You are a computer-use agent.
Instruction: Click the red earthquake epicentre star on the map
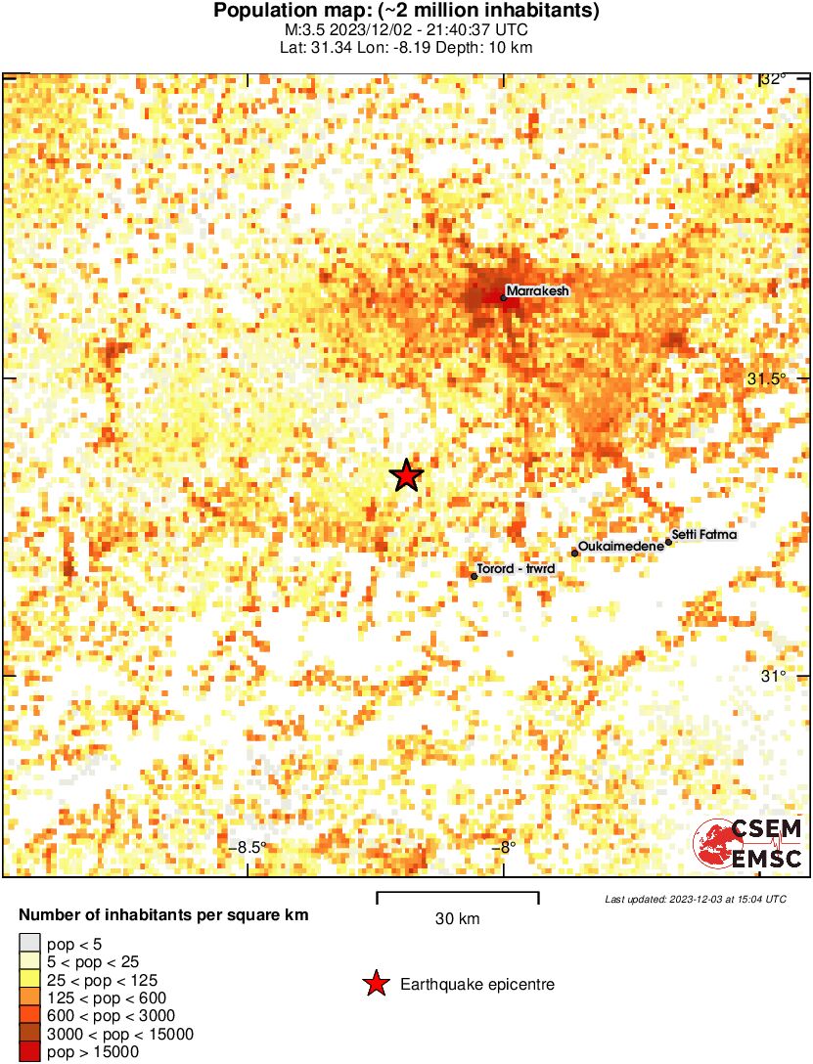click(x=406, y=475)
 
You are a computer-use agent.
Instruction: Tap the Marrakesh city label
click(x=537, y=290)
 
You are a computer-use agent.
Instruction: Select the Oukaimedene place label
click(x=621, y=546)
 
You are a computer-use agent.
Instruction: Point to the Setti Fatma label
click(x=704, y=535)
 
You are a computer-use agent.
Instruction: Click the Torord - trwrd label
click(x=516, y=568)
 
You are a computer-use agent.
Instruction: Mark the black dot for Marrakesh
click(x=503, y=298)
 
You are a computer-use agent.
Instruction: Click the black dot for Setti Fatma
click(x=669, y=541)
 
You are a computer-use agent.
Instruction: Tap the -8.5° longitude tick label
click(x=250, y=848)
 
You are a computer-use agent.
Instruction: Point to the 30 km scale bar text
click(x=457, y=918)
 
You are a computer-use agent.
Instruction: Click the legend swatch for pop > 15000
click(x=30, y=1051)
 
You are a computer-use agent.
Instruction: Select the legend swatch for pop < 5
click(x=30, y=944)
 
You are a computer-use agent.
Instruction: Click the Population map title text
click(x=406, y=12)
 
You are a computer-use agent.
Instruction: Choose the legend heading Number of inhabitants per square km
click(x=164, y=916)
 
